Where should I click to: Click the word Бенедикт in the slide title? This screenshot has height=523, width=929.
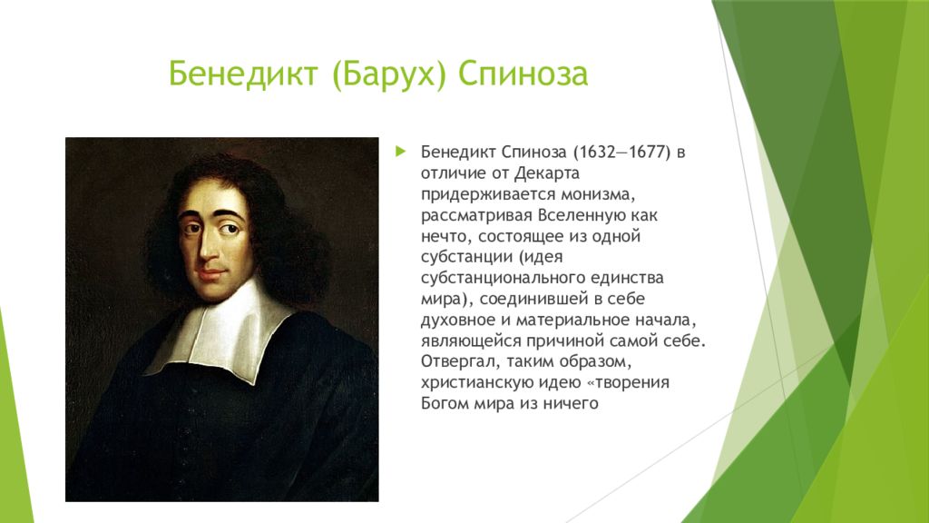[x=243, y=74]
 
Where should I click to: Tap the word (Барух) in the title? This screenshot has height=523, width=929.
[x=388, y=74]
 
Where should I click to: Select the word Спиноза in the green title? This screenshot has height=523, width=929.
[x=523, y=74]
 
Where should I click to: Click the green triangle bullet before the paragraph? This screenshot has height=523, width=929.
[x=401, y=152]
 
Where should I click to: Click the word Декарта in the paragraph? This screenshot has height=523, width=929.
[x=547, y=173]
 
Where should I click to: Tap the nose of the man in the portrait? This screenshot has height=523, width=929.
[x=209, y=248]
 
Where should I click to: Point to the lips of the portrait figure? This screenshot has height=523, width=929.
[x=210, y=274]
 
